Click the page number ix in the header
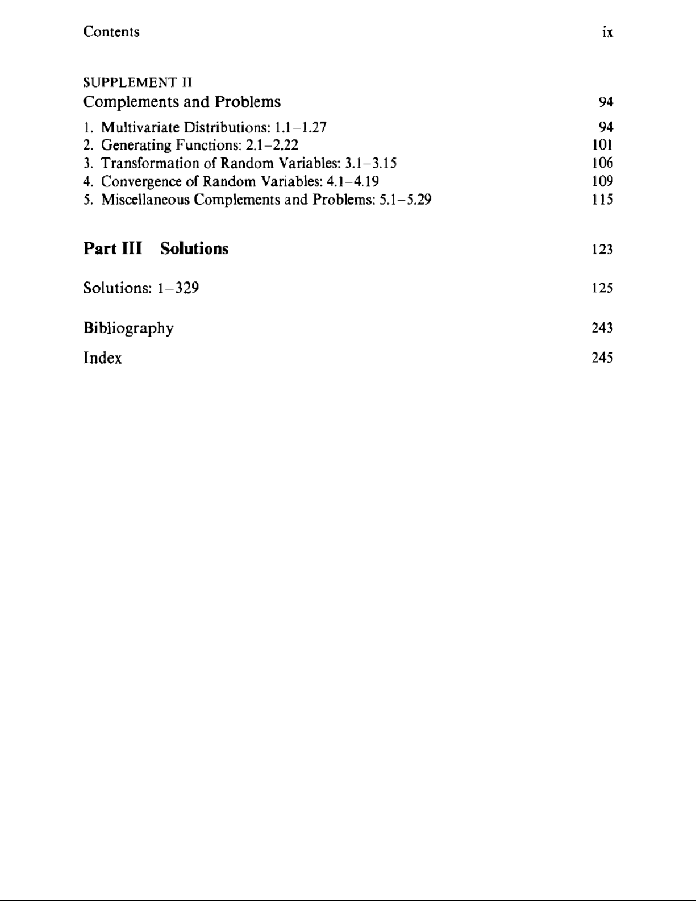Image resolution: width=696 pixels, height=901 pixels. [x=607, y=32]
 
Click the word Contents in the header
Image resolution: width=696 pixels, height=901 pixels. [x=111, y=31]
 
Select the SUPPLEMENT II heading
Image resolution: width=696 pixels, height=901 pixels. [x=137, y=82]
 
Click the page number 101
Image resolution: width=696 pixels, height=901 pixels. [x=602, y=145]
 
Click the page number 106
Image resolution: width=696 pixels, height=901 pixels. [x=602, y=163]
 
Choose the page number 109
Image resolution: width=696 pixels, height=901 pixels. [x=602, y=181]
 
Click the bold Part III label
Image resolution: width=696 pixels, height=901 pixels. [x=112, y=249]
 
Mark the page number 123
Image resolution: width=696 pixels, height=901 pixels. [x=602, y=250]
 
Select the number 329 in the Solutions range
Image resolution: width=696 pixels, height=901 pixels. [x=187, y=288]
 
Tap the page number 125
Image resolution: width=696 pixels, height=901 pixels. [x=602, y=288]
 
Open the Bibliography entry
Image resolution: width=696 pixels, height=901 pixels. [x=128, y=329]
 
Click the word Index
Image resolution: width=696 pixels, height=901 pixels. [x=102, y=358]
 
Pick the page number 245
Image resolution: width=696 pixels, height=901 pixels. [x=602, y=358]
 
